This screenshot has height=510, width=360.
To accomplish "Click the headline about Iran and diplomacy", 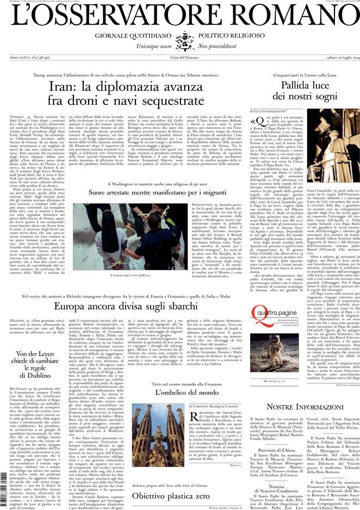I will pos(126,93).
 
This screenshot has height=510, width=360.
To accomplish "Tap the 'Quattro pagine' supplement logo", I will pos(274,327).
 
